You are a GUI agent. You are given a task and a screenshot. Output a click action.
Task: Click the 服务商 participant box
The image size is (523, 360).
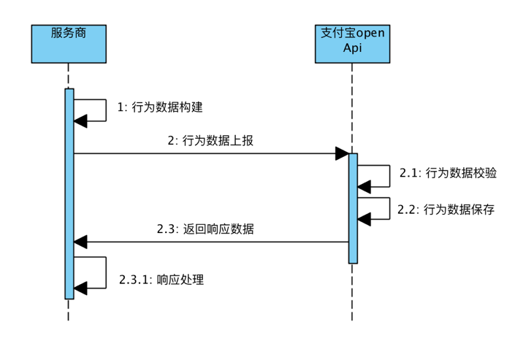[69, 44]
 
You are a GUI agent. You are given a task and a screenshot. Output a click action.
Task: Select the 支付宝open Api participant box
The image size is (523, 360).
[352, 44]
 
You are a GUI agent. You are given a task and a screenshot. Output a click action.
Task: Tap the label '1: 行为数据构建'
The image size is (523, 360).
[160, 107]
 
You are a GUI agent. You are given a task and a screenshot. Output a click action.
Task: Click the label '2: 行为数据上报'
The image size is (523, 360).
[210, 141]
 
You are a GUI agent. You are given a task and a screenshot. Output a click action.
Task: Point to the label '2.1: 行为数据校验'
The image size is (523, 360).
[448, 173]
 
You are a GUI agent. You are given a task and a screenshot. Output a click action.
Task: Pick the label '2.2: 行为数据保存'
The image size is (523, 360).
[446, 210]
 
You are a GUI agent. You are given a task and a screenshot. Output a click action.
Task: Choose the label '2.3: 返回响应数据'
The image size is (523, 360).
[205, 229]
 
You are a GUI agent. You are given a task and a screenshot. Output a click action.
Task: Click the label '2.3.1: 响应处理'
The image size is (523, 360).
[161, 279]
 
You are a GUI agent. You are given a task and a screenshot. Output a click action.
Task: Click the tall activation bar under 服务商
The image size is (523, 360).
[69, 194]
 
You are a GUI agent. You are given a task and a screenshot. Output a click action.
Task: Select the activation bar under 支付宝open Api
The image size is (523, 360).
[353, 208]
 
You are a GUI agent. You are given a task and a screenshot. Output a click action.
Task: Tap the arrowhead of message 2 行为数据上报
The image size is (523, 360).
[342, 153]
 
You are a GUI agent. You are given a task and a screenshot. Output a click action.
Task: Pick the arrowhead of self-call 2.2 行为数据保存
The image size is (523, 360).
[364, 218]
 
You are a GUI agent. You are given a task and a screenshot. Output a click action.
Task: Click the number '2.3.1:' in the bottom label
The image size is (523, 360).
[134, 279]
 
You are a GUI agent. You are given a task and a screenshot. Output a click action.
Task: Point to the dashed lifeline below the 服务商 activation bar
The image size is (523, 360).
[69, 310]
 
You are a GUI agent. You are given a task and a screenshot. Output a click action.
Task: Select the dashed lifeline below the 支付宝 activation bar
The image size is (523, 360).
[353, 292]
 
